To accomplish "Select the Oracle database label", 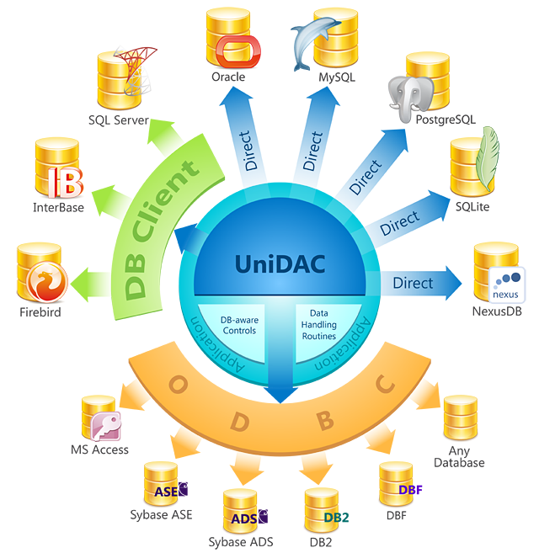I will click(x=228, y=77).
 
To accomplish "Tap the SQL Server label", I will click(x=118, y=120).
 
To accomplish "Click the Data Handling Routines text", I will click(x=318, y=324).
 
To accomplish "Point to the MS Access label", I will click(x=99, y=449).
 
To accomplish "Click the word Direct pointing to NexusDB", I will click(x=413, y=283).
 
